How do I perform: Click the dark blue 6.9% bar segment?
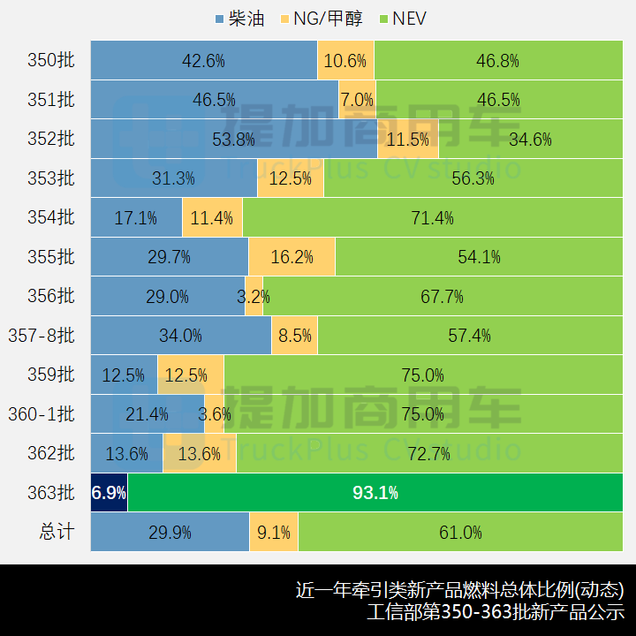pos(109,493)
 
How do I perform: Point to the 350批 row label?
pos(52,61)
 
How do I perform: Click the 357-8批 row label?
pos(42,336)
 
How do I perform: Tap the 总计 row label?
pos(57,532)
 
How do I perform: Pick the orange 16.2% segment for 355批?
pos(291,257)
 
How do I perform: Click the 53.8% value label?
pos(233,140)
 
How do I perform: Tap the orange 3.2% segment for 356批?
pos(254,297)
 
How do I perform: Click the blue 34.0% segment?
pos(180,336)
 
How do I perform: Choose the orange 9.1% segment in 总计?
pos(274,533)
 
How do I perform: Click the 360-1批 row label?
pos(42,414)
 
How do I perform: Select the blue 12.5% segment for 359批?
pos(124,375)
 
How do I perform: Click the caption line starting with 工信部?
pos(496,611)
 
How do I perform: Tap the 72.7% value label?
pos(429,454)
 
